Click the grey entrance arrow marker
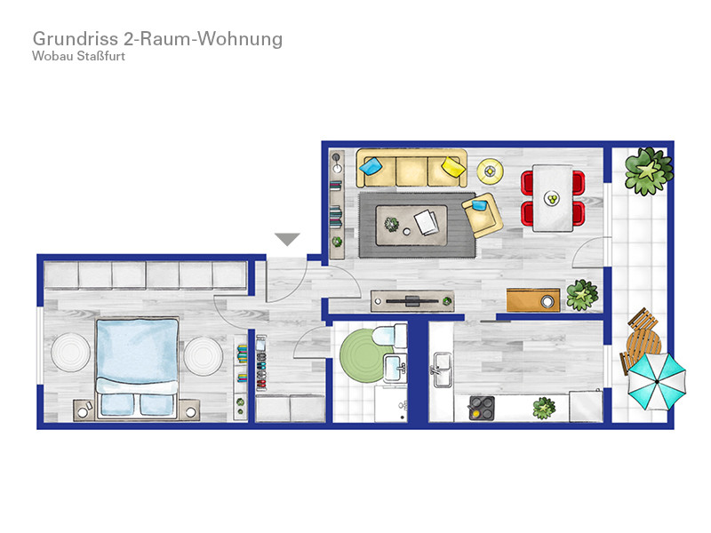pos(287,239)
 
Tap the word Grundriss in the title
pos(76,38)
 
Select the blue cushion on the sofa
pos(371,165)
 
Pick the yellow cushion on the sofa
pos(453,166)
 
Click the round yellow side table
pos(490,171)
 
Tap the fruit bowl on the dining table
pos(552,198)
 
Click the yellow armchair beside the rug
pos(482,214)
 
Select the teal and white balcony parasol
pos(657,382)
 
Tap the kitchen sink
pos(442,370)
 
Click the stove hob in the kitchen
pos(482,408)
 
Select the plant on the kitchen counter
pos(544,408)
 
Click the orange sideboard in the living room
pos(532,300)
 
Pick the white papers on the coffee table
pos(427,221)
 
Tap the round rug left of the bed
pos(70,353)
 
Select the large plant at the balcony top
pos(649,171)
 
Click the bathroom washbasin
pos(395,369)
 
